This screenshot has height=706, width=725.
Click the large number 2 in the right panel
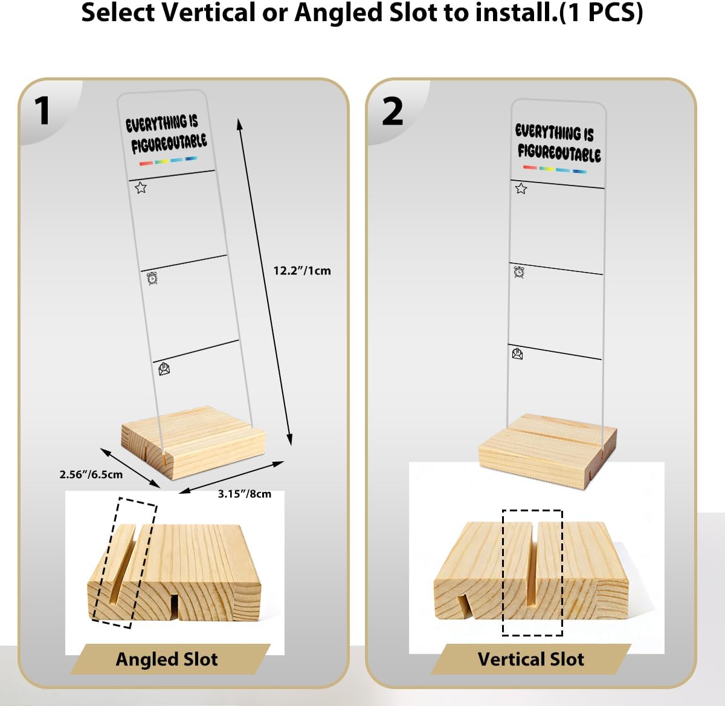tap(393, 111)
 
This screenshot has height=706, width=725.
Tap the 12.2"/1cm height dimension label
tap(302, 271)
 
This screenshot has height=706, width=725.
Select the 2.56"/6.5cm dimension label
tap(91, 474)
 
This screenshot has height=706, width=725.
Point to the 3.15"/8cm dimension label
tap(245, 494)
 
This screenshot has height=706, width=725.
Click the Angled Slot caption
tap(167, 659)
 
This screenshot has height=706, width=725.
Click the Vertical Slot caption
tap(531, 659)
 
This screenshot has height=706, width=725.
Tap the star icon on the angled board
tap(140, 187)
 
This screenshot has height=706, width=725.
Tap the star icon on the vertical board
tap(521, 189)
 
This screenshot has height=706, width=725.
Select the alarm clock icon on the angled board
tap(152, 279)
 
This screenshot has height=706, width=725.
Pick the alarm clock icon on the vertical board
tap(519, 272)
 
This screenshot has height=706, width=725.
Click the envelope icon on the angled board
tap(164, 369)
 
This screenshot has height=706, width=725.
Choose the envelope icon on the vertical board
tap(518, 354)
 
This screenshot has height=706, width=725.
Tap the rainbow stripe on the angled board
tap(169, 161)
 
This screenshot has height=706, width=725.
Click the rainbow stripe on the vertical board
tap(555, 169)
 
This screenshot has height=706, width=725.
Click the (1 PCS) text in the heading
tap(601, 13)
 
